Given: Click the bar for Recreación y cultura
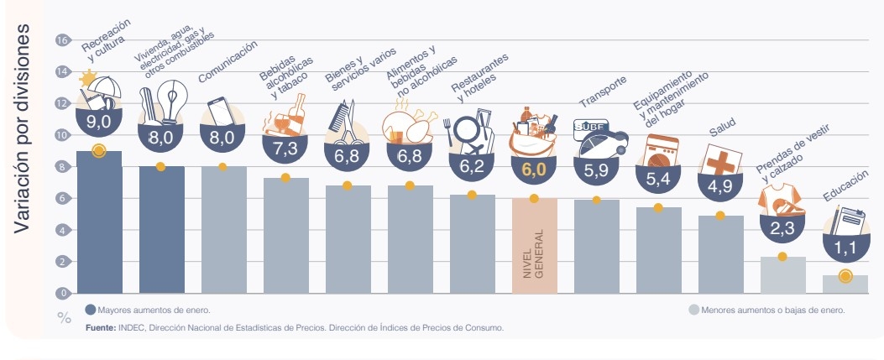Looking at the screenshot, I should [x=99, y=222].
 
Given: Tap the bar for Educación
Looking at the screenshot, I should [x=845, y=284].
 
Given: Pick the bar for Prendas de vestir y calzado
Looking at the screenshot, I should [x=783, y=274].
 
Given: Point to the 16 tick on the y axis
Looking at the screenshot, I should [x=61, y=40].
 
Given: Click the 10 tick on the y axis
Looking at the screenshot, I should [x=61, y=135].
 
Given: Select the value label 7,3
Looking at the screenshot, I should [x=285, y=148].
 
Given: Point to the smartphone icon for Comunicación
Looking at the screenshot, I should [x=221, y=112].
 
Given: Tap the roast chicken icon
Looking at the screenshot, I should [x=407, y=126].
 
